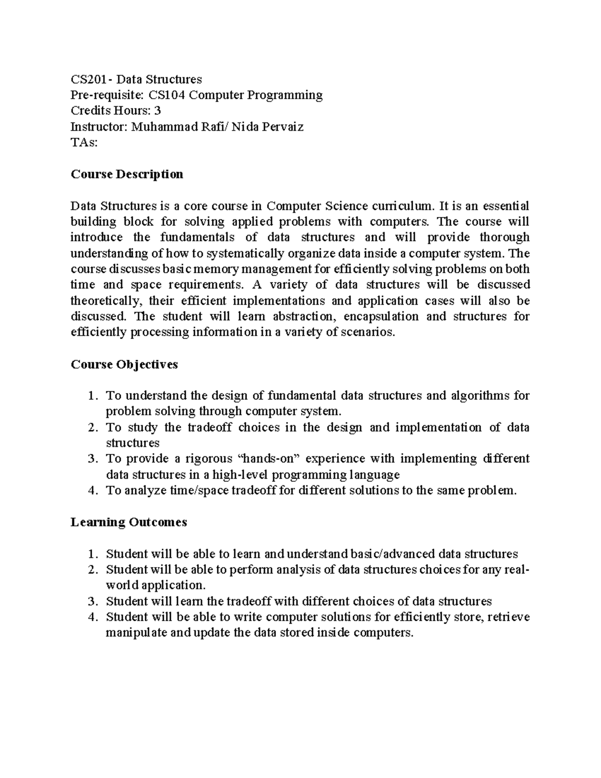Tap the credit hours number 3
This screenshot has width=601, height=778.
(x=157, y=111)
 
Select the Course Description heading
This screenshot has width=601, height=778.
(x=127, y=174)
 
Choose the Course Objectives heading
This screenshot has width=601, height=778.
(x=124, y=364)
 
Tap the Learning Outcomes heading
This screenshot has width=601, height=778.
(x=129, y=522)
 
